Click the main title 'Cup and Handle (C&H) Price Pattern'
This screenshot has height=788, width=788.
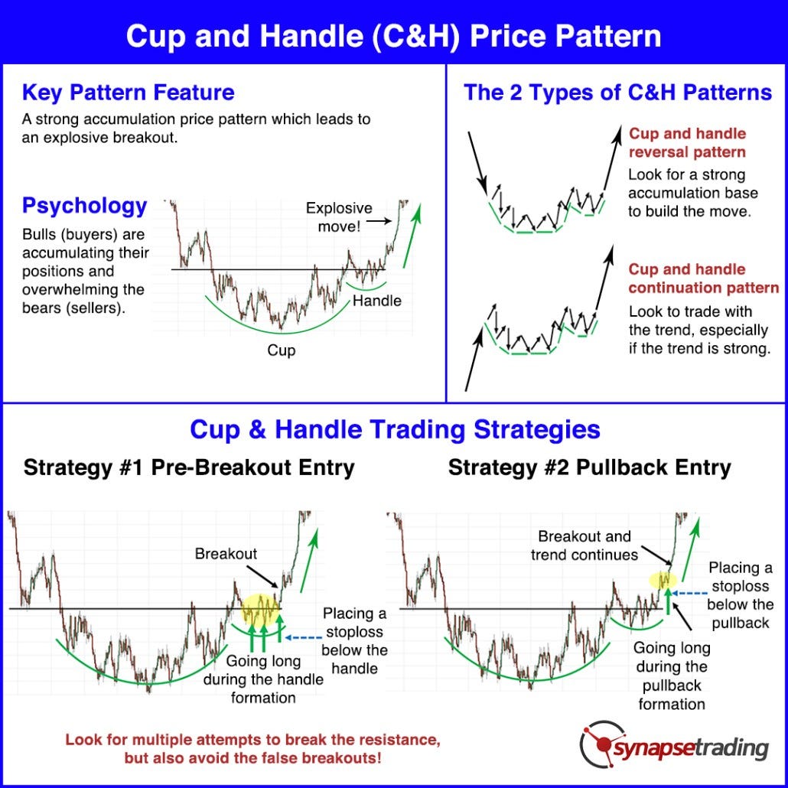coord(393,36)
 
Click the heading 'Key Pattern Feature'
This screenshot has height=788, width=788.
coord(129,93)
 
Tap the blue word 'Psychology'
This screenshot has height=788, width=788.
coord(84,206)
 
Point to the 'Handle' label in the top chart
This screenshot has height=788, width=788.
coord(376,301)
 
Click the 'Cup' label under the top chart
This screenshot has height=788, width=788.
coord(281,351)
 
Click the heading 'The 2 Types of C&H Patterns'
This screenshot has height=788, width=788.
coord(617,93)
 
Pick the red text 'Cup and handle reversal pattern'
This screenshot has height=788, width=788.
coord(687,143)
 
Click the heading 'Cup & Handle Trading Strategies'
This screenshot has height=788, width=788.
coord(395,429)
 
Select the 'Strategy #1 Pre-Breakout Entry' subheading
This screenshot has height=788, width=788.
coord(189,467)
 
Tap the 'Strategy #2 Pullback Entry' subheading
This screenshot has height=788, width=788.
coord(589,467)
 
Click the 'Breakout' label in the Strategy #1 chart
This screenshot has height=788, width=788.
coord(226,553)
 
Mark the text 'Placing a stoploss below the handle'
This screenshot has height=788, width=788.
coord(354,641)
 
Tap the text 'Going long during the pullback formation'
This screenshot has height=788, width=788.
coord(671,676)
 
